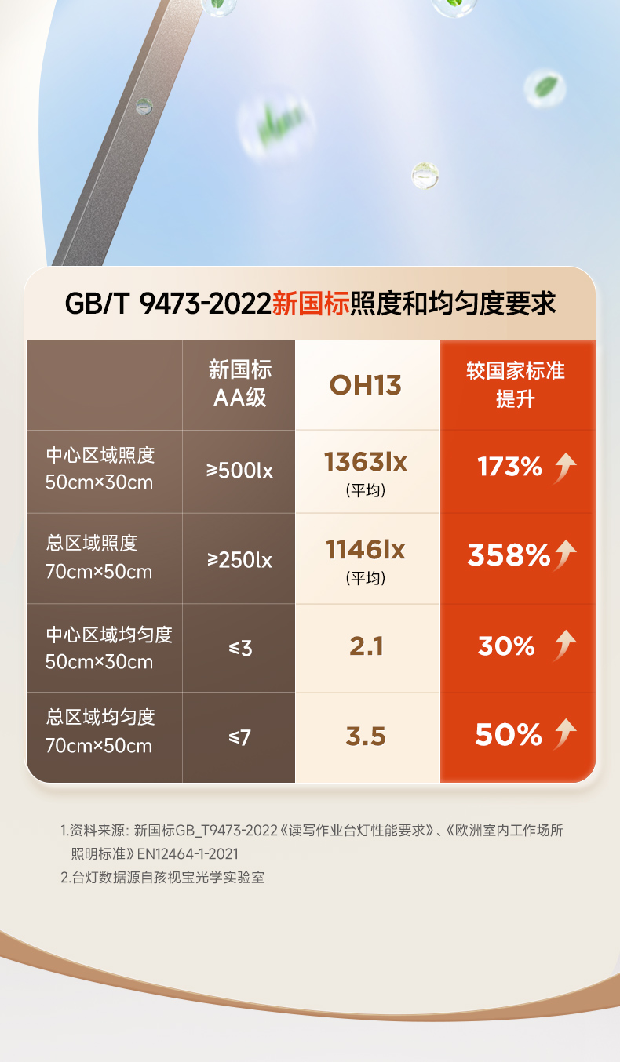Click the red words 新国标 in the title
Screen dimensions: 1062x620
click(x=310, y=304)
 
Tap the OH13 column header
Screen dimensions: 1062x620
click(x=366, y=385)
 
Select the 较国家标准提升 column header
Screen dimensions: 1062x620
click(x=516, y=384)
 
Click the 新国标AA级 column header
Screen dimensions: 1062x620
click(x=239, y=384)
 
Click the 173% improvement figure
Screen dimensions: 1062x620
click(x=510, y=467)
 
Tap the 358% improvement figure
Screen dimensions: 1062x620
click(x=509, y=555)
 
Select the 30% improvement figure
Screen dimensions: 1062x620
click(x=506, y=646)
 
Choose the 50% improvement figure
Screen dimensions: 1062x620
click(x=509, y=735)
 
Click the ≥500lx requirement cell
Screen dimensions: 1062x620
click(x=239, y=471)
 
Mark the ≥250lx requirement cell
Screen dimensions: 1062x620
click(x=239, y=560)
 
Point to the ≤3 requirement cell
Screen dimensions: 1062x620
click(x=239, y=649)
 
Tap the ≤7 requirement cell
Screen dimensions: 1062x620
click(x=239, y=737)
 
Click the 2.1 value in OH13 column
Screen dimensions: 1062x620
click(x=366, y=646)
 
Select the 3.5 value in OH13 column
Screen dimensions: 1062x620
click(x=366, y=736)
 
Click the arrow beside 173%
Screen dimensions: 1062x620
click(x=565, y=468)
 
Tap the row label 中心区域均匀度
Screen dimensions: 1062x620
click(x=109, y=635)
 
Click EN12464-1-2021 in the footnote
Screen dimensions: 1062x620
click(x=188, y=853)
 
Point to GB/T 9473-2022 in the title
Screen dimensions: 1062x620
click(x=167, y=304)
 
